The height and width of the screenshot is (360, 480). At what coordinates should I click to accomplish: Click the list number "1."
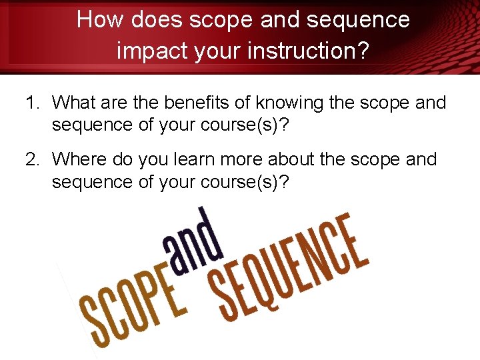pyautogui.click(x=33, y=103)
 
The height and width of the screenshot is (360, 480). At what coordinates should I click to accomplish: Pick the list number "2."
pyautogui.click(x=33, y=160)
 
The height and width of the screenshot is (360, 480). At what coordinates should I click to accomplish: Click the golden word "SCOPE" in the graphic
pyautogui.click(x=133, y=308)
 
